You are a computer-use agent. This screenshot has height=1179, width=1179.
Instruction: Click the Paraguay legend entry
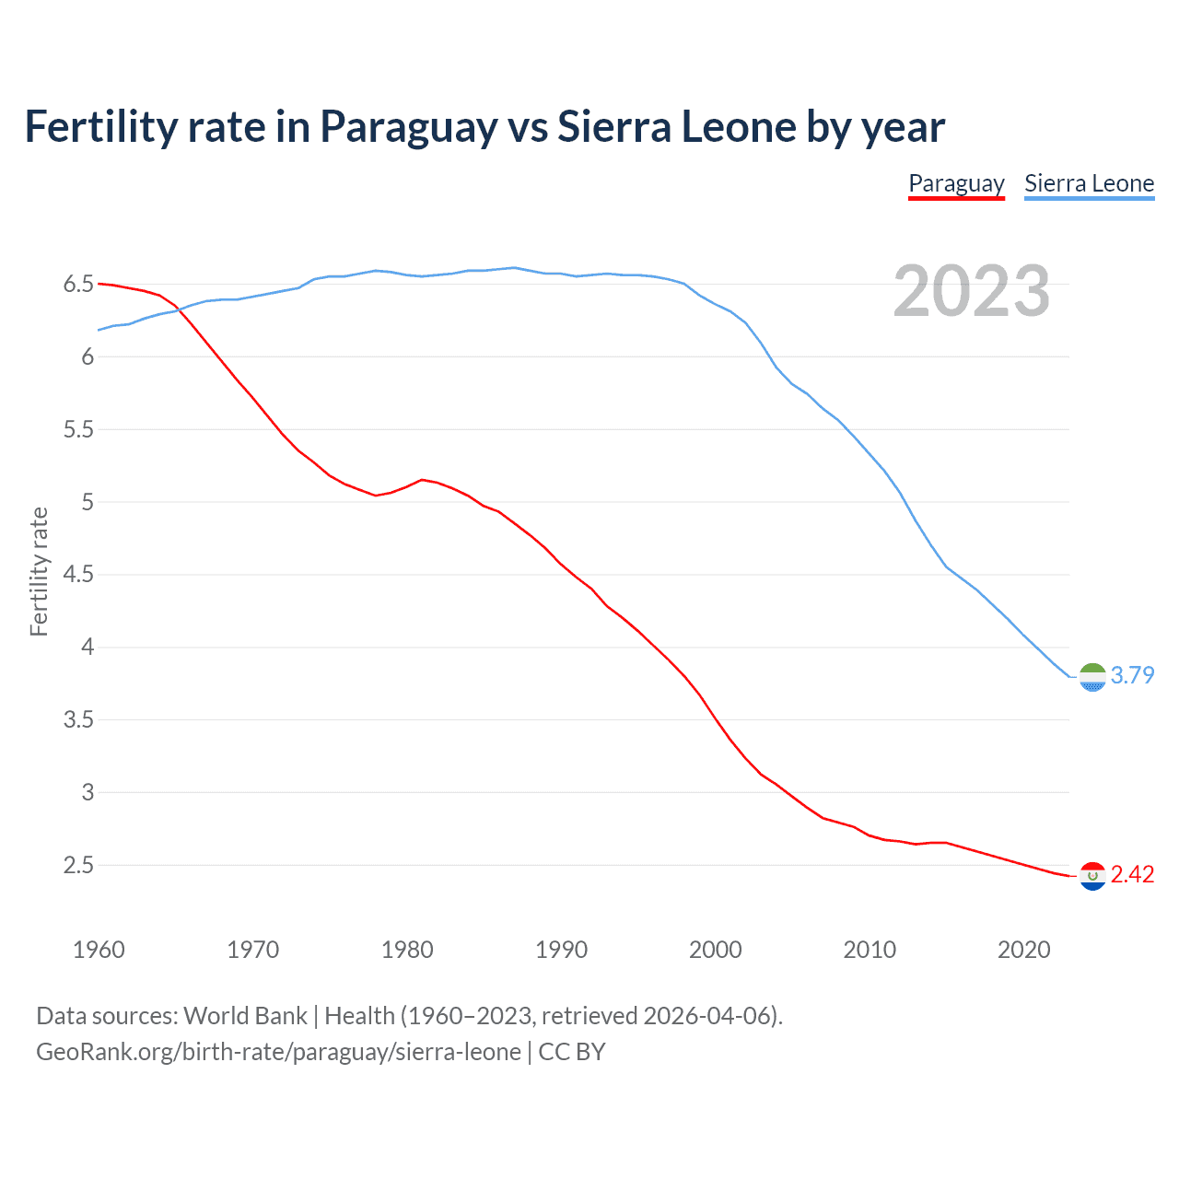[x=956, y=183]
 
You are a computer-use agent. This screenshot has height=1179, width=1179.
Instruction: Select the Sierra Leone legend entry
[x=1089, y=183]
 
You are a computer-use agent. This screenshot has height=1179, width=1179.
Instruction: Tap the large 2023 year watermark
[x=971, y=291]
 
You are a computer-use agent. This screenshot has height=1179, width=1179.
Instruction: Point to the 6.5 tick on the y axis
[x=79, y=285]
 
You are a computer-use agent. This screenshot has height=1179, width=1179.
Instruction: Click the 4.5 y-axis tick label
[x=79, y=575]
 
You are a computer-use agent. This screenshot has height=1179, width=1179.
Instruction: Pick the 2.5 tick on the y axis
[x=79, y=865]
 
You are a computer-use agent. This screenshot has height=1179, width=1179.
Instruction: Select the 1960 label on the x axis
[x=99, y=950]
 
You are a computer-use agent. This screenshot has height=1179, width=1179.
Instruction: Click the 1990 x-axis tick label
[x=561, y=950]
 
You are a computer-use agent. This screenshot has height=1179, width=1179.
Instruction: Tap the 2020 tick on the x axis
[x=1023, y=950]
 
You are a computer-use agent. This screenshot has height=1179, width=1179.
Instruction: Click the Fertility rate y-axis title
[x=39, y=571]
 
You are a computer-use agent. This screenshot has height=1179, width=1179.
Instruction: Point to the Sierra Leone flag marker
[x=1092, y=677]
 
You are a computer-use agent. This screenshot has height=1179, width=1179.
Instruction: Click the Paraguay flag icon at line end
[x=1092, y=876]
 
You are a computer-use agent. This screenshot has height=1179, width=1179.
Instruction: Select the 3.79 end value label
[x=1132, y=675]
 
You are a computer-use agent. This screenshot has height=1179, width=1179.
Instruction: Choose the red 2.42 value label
[x=1132, y=874]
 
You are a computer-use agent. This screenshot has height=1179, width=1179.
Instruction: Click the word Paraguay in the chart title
[x=408, y=127]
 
